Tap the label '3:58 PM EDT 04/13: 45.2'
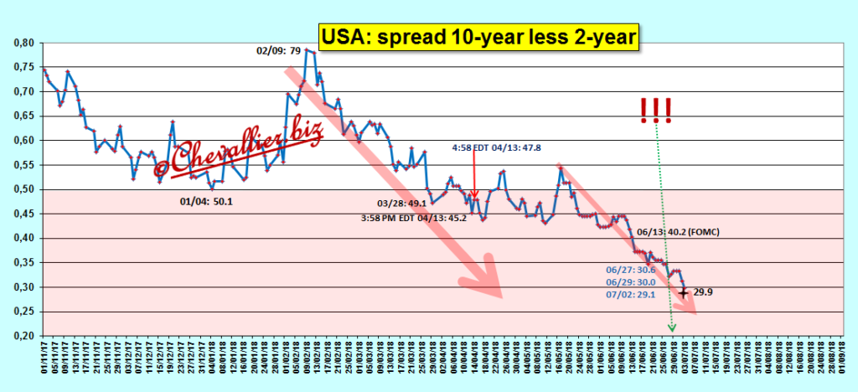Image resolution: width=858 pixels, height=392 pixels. [x=412, y=217]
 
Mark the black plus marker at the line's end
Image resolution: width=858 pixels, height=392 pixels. [x=684, y=293]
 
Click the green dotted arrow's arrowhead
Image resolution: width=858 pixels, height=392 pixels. [x=671, y=328]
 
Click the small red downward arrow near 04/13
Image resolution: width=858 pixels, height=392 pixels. [x=474, y=194]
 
